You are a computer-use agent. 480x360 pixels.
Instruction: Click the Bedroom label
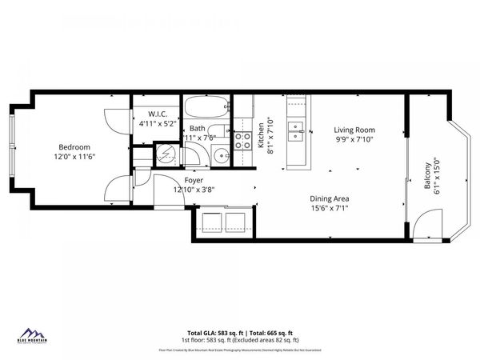74,147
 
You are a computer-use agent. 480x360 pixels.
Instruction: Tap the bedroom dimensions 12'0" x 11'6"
74,157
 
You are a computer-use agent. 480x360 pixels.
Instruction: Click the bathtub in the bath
206,108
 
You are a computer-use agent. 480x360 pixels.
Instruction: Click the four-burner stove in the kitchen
242,141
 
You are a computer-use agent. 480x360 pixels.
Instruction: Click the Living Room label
354,130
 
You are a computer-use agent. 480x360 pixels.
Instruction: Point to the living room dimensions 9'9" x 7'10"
354,140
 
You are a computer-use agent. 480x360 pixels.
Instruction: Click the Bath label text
198,128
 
